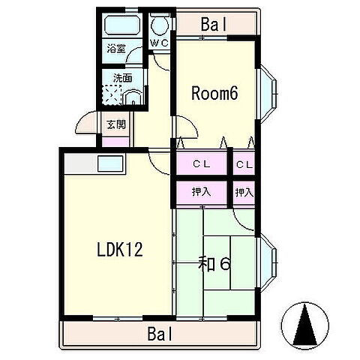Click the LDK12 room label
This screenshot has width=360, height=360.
click(120, 249)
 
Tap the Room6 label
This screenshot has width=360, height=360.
click(214, 93)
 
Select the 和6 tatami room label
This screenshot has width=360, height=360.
click(214, 264)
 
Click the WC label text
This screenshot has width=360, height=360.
click(160, 43)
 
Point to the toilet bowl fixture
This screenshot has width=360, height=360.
click(160, 24)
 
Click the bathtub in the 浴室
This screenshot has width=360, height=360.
click(121, 25)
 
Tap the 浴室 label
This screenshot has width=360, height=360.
click(116, 48)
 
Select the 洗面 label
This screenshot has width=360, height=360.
click(122, 78)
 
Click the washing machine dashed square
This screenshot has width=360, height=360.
click(112, 94)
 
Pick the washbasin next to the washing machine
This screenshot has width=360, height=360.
click(133, 97)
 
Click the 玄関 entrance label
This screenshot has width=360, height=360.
click(116, 124)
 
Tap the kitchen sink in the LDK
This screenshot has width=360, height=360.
click(110, 163)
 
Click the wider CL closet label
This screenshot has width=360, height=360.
click(202, 164)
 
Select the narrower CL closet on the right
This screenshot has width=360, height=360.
click(244, 164)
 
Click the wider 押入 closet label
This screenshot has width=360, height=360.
click(202, 192)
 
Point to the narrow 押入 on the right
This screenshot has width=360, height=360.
click(244, 193)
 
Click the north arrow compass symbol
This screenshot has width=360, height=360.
click(305, 325)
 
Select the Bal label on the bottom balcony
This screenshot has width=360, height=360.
click(160, 334)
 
